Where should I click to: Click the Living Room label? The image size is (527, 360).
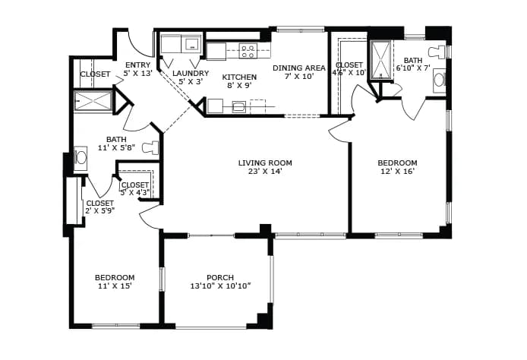point(265,163)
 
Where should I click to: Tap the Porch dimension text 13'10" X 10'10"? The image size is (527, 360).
point(220,286)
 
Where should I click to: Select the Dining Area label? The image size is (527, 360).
point(299,68)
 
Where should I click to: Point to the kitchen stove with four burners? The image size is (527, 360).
point(248,51)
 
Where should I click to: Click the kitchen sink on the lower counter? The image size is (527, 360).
point(239,107)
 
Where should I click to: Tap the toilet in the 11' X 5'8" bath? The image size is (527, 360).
point(150,147)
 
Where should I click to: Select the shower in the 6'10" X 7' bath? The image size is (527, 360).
point(380,60)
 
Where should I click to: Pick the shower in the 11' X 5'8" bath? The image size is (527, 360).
point(93,101)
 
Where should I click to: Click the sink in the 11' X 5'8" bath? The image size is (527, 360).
point(80,156)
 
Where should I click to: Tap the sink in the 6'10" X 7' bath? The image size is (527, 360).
point(439,80)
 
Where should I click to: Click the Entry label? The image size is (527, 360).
point(137,65)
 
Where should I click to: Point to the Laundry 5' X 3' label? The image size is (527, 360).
point(191,77)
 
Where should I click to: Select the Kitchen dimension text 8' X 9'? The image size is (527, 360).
point(240,85)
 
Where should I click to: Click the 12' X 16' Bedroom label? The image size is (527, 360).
point(397,167)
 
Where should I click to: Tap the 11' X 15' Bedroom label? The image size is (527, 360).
point(115,282)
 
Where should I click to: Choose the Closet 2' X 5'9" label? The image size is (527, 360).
point(100,207)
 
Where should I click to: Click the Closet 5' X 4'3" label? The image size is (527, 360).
point(135,189)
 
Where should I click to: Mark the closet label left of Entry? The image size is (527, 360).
point(95,74)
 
